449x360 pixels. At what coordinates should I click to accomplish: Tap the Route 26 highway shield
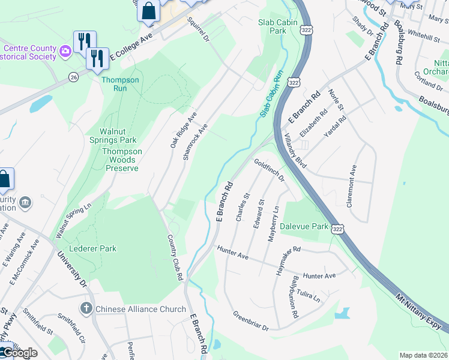pyautogui.click(x=73, y=77)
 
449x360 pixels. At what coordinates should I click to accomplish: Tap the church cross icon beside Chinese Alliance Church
pyautogui.click(x=86, y=308)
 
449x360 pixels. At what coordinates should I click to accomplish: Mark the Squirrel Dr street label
pyautogui.click(x=197, y=29)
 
